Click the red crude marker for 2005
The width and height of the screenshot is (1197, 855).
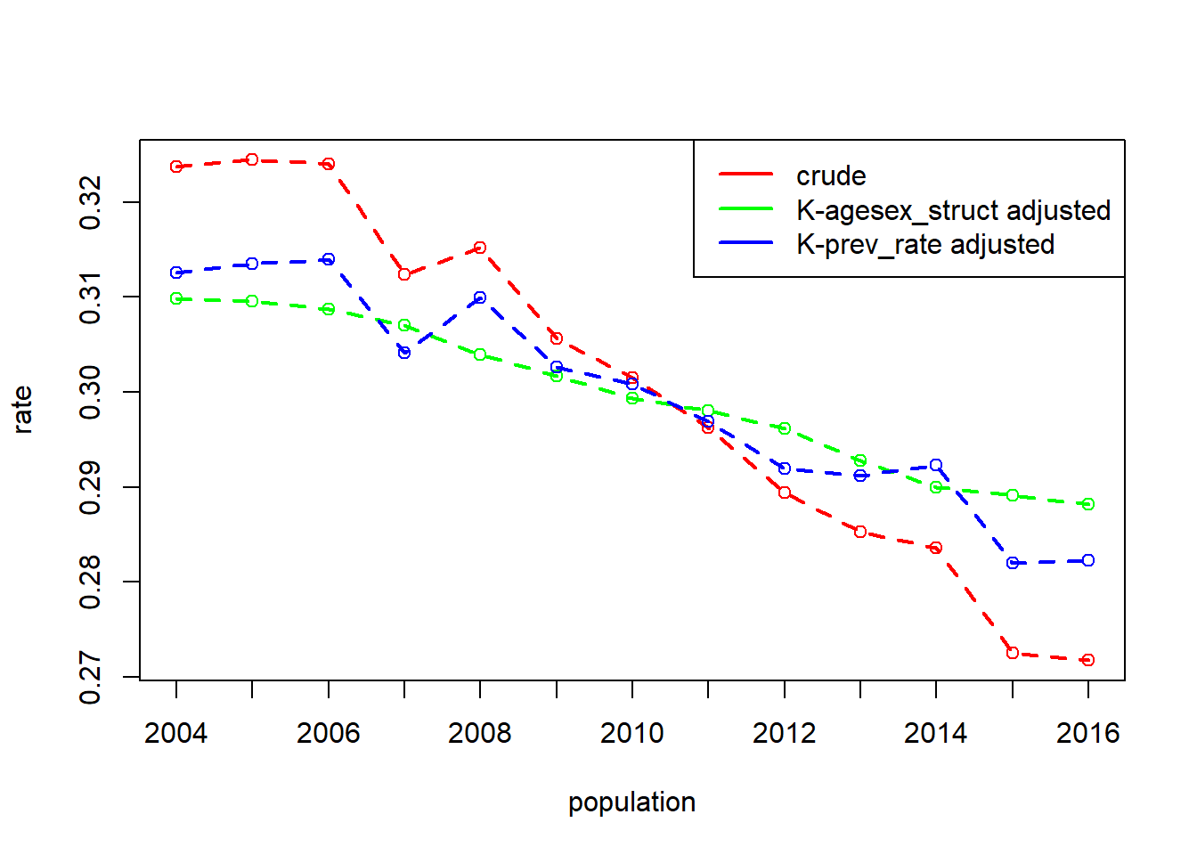(x=252, y=159)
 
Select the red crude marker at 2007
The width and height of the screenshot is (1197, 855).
(x=404, y=274)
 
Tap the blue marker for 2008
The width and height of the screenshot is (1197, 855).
(x=480, y=297)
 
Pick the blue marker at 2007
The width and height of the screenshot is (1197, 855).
(x=404, y=353)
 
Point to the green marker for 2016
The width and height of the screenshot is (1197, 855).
(x=1088, y=504)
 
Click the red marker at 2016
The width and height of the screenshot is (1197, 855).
(x=1088, y=660)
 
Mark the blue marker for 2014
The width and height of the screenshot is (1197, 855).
(x=936, y=465)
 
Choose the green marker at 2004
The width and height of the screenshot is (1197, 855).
(x=176, y=298)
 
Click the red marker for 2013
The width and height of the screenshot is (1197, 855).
(x=860, y=532)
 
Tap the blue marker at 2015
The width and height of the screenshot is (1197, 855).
(x=1012, y=563)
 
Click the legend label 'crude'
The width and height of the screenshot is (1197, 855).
(x=831, y=176)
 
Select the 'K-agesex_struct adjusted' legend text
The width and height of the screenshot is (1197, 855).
(x=953, y=210)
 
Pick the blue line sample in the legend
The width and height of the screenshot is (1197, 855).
(x=746, y=242)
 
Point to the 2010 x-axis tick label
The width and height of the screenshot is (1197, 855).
(x=632, y=733)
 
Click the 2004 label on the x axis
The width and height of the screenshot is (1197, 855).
(x=175, y=733)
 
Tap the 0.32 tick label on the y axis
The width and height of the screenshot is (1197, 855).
(x=90, y=202)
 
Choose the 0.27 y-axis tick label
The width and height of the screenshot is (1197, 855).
(x=90, y=677)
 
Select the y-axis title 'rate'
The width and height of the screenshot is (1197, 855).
(x=22, y=410)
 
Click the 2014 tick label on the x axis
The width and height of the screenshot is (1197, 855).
(x=936, y=733)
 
